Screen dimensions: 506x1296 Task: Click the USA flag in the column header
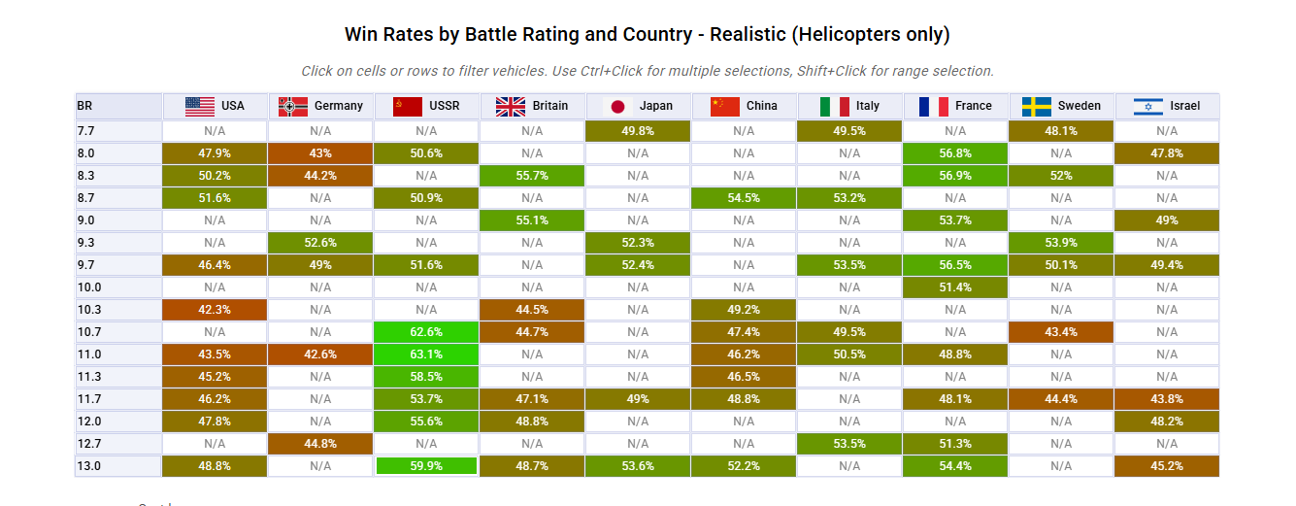199,106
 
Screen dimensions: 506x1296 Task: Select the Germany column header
320,106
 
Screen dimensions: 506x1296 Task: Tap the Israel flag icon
1148,106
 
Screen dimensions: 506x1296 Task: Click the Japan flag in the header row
617,106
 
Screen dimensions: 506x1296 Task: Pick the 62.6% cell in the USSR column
426,332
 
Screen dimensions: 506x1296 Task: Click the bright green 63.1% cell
426,354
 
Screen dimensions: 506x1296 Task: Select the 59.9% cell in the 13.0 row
426,466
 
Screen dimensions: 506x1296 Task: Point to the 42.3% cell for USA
215,310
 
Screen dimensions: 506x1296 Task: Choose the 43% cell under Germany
320,153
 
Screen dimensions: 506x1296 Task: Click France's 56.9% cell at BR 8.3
955,176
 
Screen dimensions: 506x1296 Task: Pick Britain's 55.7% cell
532,176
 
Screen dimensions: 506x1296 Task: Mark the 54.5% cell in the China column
744,198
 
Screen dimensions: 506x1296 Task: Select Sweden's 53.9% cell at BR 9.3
1061,243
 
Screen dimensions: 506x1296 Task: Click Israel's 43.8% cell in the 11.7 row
1167,399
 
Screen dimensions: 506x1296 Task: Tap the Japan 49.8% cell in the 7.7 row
638,131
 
